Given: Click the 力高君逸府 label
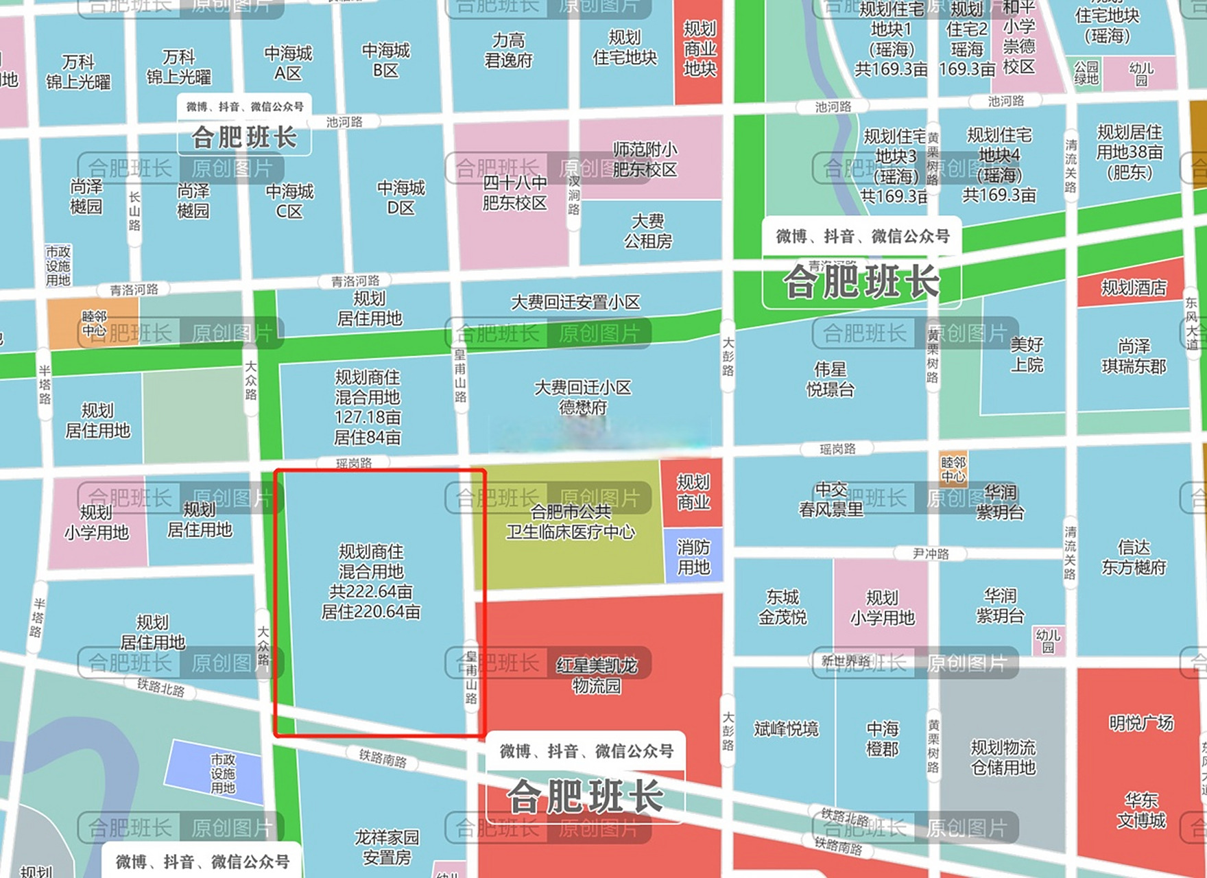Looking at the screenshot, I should (508, 51).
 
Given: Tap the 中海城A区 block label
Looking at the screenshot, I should (288, 63).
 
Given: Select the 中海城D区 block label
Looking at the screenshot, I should (401, 198).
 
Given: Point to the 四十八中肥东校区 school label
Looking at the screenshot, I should (514, 193).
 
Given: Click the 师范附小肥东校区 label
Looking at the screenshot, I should (645, 159).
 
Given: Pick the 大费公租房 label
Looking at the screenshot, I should (647, 231).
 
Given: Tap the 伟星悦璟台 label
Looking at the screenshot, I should (830, 379).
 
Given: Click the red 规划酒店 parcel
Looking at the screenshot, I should (1133, 287).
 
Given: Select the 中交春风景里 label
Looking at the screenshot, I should (830, 499).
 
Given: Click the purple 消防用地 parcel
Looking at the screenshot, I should (693, 557).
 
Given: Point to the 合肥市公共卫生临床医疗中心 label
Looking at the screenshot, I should (571, 522).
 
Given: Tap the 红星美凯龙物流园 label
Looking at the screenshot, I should (597, 675).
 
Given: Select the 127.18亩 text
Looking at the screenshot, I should (368, 417).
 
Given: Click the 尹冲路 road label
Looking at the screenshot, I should (931, 554).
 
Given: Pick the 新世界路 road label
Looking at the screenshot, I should (846, 661).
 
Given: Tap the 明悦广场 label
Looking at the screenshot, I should (1141, 723).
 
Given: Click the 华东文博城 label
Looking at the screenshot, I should (1141, 810).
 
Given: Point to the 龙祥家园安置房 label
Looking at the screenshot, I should (387, 847).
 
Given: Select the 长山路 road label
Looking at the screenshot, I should (134, 211).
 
